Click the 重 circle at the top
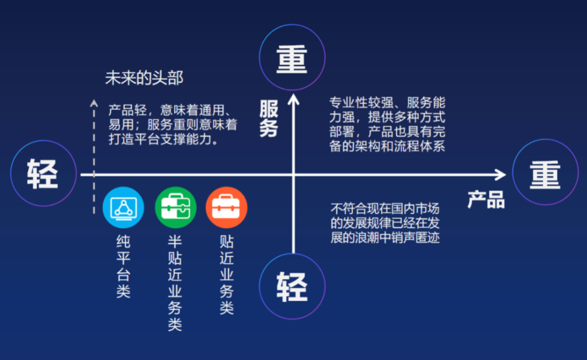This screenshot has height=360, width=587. pos(292,58)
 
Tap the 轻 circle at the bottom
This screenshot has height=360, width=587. pos(292,286)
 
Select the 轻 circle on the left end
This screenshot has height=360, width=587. pos(43,173)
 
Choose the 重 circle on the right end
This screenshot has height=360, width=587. pos(545,172)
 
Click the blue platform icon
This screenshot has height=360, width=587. pos(123,207)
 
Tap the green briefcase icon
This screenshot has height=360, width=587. pos(176,207)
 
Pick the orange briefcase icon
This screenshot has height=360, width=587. pos(227,207)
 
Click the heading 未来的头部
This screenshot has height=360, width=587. pos(144,78)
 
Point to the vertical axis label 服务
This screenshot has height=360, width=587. pos(269,119)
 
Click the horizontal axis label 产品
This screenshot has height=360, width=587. pos(486,199)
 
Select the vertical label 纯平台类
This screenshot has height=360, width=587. pos(123,267)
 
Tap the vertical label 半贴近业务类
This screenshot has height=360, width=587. pos(175,283)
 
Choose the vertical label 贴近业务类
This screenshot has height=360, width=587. pos(227,275)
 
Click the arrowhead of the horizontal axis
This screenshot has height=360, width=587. pos(501,174)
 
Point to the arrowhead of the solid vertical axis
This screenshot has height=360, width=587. pos(293,99)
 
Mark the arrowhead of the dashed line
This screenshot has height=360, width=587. pos(94,103)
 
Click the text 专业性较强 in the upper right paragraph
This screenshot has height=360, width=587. pos(361,103)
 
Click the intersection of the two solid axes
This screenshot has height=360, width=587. pos(293,174)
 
